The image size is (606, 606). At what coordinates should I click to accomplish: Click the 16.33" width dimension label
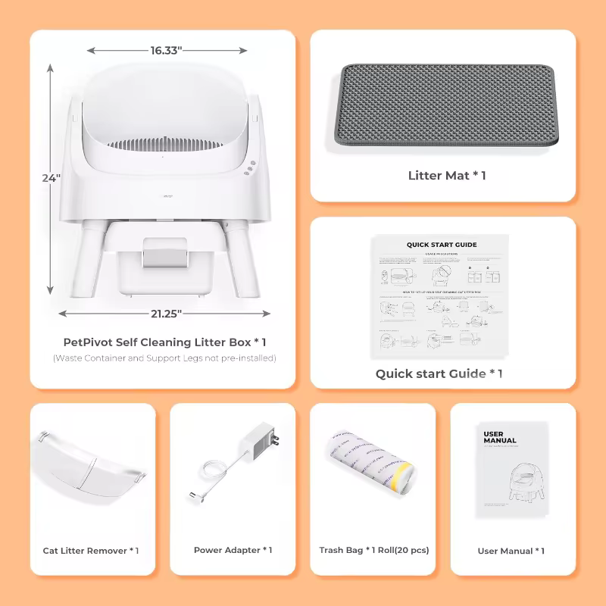[x=166, y=51]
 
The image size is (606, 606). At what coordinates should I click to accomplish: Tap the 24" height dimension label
[x=51, y=178]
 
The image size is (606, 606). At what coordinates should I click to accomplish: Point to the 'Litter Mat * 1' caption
[x=447, y=176]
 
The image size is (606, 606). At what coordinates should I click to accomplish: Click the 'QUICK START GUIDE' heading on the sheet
[x=442, y=245]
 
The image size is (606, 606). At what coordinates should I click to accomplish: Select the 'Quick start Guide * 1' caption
[x=439, y=373]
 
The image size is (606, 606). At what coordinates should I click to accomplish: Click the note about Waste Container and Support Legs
[x=164, y=358]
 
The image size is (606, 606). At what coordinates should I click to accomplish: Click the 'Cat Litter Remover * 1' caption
[x=91, y=551]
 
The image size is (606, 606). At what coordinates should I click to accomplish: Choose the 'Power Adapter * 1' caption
[x=233, y=551]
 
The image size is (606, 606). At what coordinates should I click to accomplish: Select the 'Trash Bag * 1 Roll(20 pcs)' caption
[x=374, y=551]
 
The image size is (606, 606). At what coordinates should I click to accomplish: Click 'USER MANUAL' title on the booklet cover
[x=500, y=437]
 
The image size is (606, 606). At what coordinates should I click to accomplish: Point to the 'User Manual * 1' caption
[x=511, y=551]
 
